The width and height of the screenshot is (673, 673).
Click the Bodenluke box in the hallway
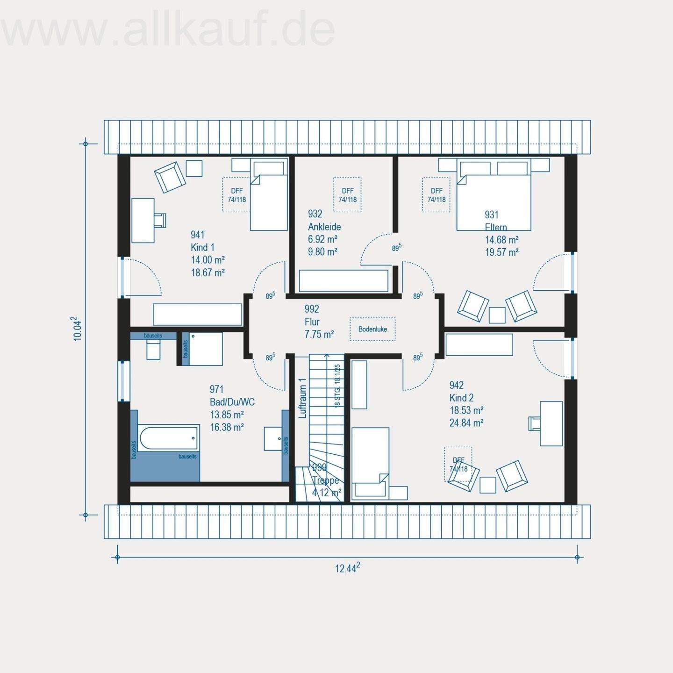point(372,329)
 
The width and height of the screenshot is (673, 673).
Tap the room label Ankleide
point(324,227)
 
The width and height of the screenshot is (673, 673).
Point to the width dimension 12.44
point(347,568)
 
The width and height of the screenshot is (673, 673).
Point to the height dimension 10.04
point(78,329)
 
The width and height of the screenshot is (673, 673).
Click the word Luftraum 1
point(302,398)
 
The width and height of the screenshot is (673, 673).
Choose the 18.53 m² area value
point(466,410)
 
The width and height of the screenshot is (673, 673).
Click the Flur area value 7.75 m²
point(319,334)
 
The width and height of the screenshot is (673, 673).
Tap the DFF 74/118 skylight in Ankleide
point(347,195)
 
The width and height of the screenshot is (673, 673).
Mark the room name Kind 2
point(461,398)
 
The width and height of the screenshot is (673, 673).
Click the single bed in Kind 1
point(268,196)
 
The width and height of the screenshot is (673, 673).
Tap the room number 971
point(216,389)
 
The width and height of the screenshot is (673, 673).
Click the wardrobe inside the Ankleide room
point(344,281)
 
